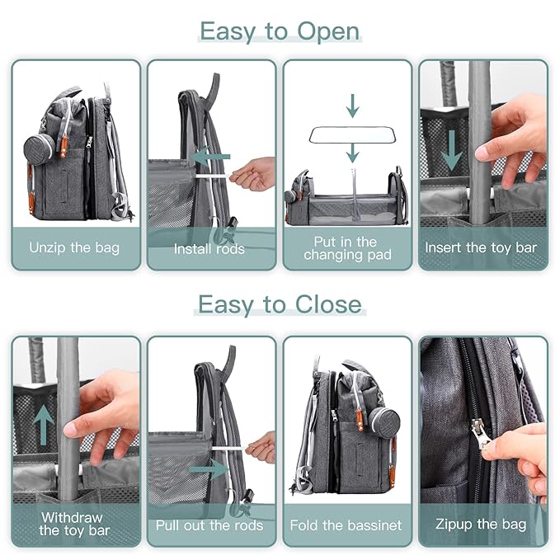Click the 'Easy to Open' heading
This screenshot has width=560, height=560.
pyautogui.click(x=280, y=31)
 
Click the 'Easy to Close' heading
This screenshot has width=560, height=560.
pyautogui.click(x=280, y=304)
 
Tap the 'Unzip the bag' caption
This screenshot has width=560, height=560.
pyautogui.click(x=74, y=247)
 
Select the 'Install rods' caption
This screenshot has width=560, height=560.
pyautogui.click(x=209, y=248)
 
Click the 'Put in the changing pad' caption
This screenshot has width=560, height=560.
pyautogui.click(x=346, y=247)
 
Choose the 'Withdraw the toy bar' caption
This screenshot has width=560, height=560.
pyautogui.click(x=74, y=524)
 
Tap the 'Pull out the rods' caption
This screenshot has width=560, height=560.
pyautogui.click(x=209, y=525)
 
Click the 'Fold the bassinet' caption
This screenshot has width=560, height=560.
pyautogui.click(x=346, y=525)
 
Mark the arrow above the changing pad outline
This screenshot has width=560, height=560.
pyautogui.click(x=352, y=106)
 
